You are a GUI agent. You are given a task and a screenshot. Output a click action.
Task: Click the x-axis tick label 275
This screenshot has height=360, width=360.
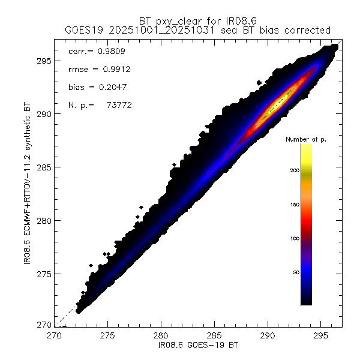[108, 337]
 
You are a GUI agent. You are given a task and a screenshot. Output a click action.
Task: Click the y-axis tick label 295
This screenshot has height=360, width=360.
[45, 61]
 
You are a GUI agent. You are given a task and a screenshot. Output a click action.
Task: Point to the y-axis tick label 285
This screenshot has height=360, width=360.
[45, 167]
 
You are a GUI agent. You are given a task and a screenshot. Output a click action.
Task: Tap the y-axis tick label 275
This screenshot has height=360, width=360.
[45, 274]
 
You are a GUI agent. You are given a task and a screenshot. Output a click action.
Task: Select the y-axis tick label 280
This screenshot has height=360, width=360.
[45, 221]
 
